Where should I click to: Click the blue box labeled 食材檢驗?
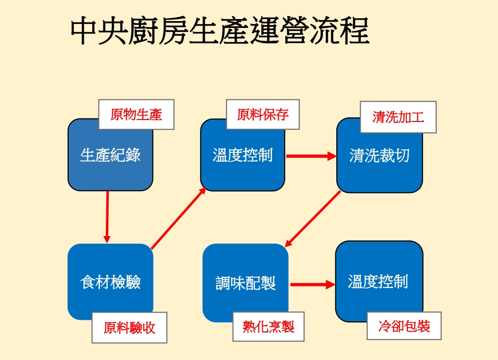pyautogui.click(x=110, y=282)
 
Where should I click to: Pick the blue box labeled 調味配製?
pyautogui.click(x=245, y=283)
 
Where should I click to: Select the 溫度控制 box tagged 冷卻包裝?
pyautogui.click(x=378, y=282)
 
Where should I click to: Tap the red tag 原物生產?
pyautogui.click(x=136, y=115)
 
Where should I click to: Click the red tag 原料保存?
pyautogui.click(x=263, y=115)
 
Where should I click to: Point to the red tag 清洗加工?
pyautogui.click(x=398, y=118)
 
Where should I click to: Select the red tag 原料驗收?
pyautogui.click(x=129, y=328)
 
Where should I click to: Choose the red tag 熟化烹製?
pyautogui.click(x=269, y=326)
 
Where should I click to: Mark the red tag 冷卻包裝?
pyautogui.click(x=404, y=326)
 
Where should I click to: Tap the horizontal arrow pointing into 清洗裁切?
pyautogui.click(x=311, y=157)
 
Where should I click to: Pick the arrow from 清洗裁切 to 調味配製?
pyautogui.click(x=313, y=218)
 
